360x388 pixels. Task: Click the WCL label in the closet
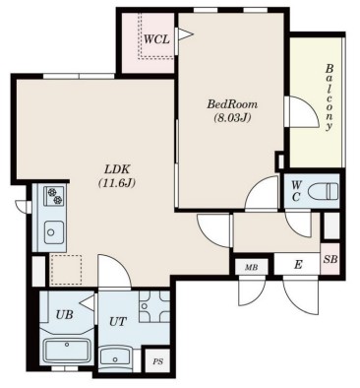click(156, 39)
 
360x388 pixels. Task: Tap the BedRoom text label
click(232, 104)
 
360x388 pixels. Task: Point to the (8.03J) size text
click(232, 117)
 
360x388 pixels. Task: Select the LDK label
click(117, 169)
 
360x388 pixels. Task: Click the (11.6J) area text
click(117, 182)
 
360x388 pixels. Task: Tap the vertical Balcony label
click(330, 97)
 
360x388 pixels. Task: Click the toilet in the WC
click(324, 190)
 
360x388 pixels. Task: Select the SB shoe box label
click(330, 259)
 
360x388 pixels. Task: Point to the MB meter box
click(252, 267)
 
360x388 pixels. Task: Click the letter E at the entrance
click(298, 265)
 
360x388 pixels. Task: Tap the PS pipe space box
click(157, 360)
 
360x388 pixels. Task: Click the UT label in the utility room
click(118, 321)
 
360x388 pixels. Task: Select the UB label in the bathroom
click(64, 315)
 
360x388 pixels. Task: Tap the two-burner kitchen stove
click(53, 196)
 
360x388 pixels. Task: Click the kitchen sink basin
click(54, 232)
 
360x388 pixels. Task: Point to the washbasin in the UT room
click(116, 358)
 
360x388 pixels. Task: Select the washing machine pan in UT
click(154, 306)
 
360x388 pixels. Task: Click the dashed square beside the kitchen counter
click(66, 270)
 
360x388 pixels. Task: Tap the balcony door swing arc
click(307, 108)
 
